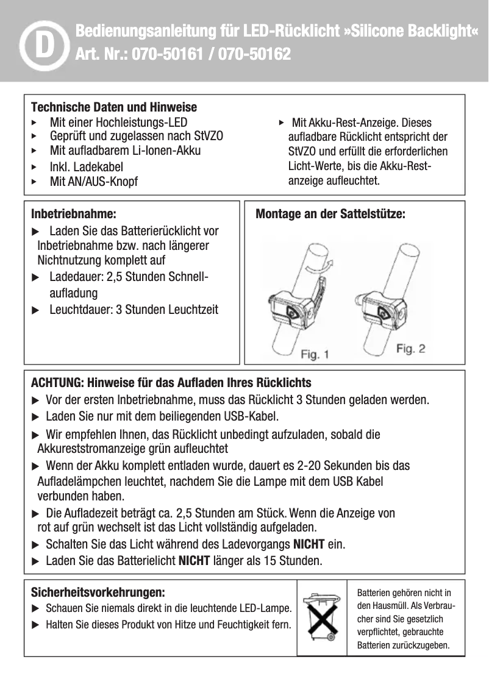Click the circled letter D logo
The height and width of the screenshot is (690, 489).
(x=42, y=44)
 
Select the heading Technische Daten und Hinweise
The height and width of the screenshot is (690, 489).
(x=113, y=107)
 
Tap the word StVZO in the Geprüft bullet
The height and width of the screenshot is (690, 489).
(x=208, y=135)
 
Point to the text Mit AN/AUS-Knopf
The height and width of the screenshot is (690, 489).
(x=94, y=182)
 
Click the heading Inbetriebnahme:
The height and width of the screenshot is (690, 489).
(x=73, y=215)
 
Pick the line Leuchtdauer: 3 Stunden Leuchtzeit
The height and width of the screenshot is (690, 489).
(x=134, y=310)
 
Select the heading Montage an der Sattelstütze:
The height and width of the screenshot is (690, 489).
(x=330, y=215)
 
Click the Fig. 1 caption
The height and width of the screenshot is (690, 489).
(x=315, y=354)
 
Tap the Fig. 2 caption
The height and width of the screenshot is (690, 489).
(x=410, y=349)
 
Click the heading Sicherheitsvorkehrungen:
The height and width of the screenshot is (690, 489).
(x=98, y=592)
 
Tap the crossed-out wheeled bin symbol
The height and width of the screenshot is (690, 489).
(x=321, y=618)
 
